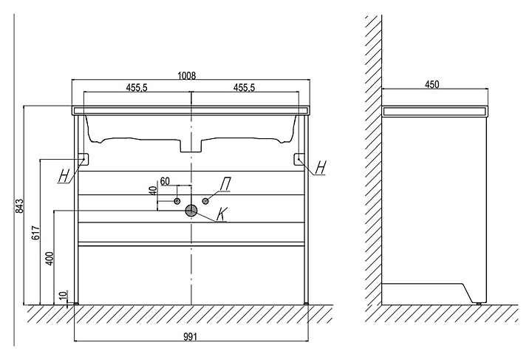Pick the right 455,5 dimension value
[x=245, y=87]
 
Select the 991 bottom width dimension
[x=191, y=337]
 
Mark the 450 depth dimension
[x=432, y=84]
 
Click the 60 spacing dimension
[x=166, y=180]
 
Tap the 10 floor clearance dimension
[x=64, y=296]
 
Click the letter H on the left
[x=64, y=175]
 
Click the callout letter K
[x=224, y=215]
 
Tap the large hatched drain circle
[x=191, y=211]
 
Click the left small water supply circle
[x=177, y=201]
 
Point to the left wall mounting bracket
[x=83, y=158]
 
